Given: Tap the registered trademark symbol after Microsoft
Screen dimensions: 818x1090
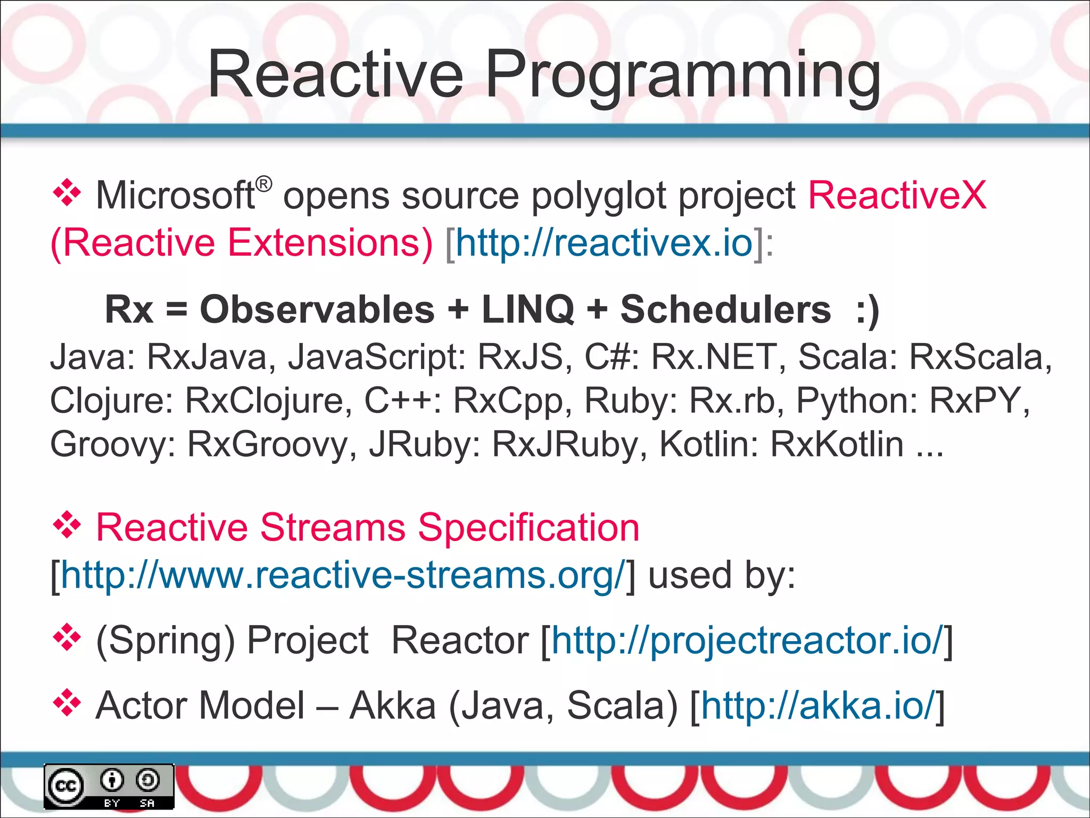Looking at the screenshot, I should pyautogui.click(x=263, y=184).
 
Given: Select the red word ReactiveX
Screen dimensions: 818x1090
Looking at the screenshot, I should pyautogui.click(x=897, y=195).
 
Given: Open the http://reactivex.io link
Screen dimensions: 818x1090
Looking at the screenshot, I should pyautogui.click(x=604, y=243).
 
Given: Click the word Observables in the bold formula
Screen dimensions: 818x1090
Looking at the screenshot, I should pyautogui.click(x=317, y=309).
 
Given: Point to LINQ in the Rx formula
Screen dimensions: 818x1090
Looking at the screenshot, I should pyautogui.click(x=527, y=309).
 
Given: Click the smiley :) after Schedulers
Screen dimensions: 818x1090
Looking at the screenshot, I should pyautogui.click(x=867, y=309).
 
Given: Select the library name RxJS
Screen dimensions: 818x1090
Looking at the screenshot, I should pyautogui.click(x=520, y=356).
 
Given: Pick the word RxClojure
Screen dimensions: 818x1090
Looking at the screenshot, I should pyautogui.click(x=268, y=400).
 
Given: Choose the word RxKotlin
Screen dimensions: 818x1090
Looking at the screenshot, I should pyautogui.click(x=837, y=444).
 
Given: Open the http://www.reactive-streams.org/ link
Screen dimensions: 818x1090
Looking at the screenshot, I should pyautogui.click(x=342, y=575).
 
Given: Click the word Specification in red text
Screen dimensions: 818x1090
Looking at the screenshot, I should pyautogui.click(x=528, y=528).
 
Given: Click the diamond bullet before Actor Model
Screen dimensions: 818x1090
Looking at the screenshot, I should pyautogui.click(x=67, y=703).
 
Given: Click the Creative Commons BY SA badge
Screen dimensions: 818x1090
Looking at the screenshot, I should pyautogui.click(x=109, y=787).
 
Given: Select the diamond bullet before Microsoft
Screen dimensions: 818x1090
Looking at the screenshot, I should pyautogui.click(x=67, y=193).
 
